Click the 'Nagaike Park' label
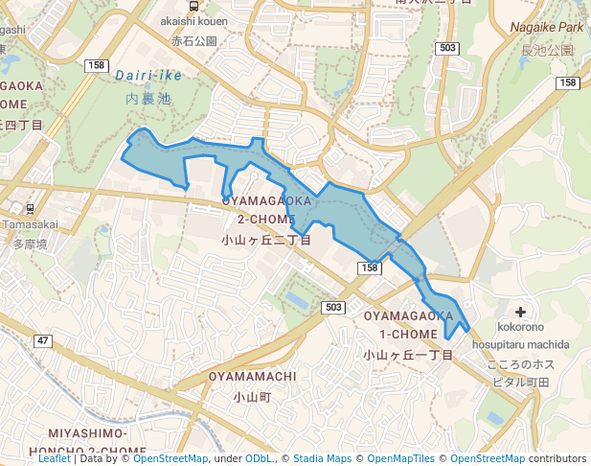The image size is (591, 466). [546, 28]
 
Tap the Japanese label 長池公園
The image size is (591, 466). [547, 50]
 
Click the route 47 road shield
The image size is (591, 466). [43, 340]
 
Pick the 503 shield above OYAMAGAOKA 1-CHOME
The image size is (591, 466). [333, 307]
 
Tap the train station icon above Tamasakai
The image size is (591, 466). [31, 208]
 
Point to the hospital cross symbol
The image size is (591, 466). [520, 312]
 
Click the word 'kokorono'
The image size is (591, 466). [520, 328]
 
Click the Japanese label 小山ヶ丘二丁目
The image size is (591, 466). [265, 240]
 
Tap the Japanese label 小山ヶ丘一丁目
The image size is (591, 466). [407, 355]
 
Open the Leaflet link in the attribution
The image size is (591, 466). [54, 458]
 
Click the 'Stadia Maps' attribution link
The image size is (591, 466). [322, 458]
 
